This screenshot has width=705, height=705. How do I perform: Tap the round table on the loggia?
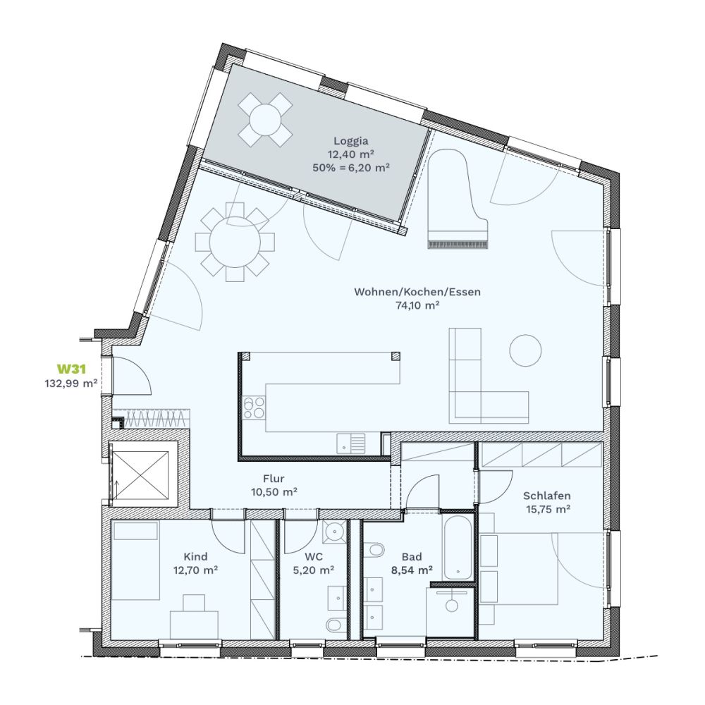click(265, 119)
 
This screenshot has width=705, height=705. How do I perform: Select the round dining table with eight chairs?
click(235, 243)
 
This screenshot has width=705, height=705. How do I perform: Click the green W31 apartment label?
click(71, 369)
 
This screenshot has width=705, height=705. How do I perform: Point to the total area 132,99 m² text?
click(71, 384)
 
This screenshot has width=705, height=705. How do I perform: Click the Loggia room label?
click(350, 141)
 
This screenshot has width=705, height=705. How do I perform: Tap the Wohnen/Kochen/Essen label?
click(417, 292)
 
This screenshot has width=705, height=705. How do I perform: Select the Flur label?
click(274, 479)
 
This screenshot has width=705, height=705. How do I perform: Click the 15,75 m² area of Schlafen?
click(548, 510)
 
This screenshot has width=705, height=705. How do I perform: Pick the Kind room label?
click(195, 557)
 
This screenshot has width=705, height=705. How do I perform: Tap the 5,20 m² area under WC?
click(314, 570)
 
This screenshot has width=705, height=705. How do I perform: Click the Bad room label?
click(412, 557)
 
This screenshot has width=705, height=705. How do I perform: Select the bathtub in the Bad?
click(458, 547)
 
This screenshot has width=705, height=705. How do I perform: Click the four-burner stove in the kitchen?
click(254, 407)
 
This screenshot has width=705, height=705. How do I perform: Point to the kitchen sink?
click(351, 443)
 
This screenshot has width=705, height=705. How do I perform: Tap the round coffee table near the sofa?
click(525, 350)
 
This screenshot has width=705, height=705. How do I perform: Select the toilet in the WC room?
click(334, 625)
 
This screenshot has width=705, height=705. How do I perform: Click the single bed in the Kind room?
click(135, 560)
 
